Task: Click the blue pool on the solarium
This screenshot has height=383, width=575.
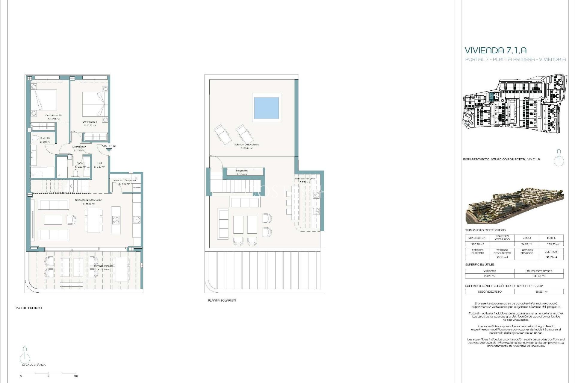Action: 266,108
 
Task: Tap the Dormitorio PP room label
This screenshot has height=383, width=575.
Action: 54,115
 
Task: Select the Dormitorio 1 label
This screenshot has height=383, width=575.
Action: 90,122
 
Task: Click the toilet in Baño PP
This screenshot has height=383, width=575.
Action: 36,138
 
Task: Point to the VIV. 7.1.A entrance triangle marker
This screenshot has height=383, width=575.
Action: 108,150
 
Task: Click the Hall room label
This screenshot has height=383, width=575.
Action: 99,163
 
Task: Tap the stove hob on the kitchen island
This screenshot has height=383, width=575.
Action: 116,220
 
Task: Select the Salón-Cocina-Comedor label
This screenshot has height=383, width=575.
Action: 88,200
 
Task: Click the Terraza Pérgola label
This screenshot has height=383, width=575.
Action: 103,266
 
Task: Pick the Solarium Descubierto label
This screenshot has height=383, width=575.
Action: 246,145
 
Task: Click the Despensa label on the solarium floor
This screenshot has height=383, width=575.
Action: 242,171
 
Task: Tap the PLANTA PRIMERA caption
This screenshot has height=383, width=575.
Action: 29,308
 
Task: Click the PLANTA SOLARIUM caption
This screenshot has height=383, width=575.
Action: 222,300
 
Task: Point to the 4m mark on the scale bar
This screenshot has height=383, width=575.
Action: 76,376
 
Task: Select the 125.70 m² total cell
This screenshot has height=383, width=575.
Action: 551,244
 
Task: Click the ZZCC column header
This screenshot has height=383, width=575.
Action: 526,238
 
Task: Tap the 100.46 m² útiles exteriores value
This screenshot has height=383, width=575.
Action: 539,276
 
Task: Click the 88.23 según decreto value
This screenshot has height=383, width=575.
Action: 539,291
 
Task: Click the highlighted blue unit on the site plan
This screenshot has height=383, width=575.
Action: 491,97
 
